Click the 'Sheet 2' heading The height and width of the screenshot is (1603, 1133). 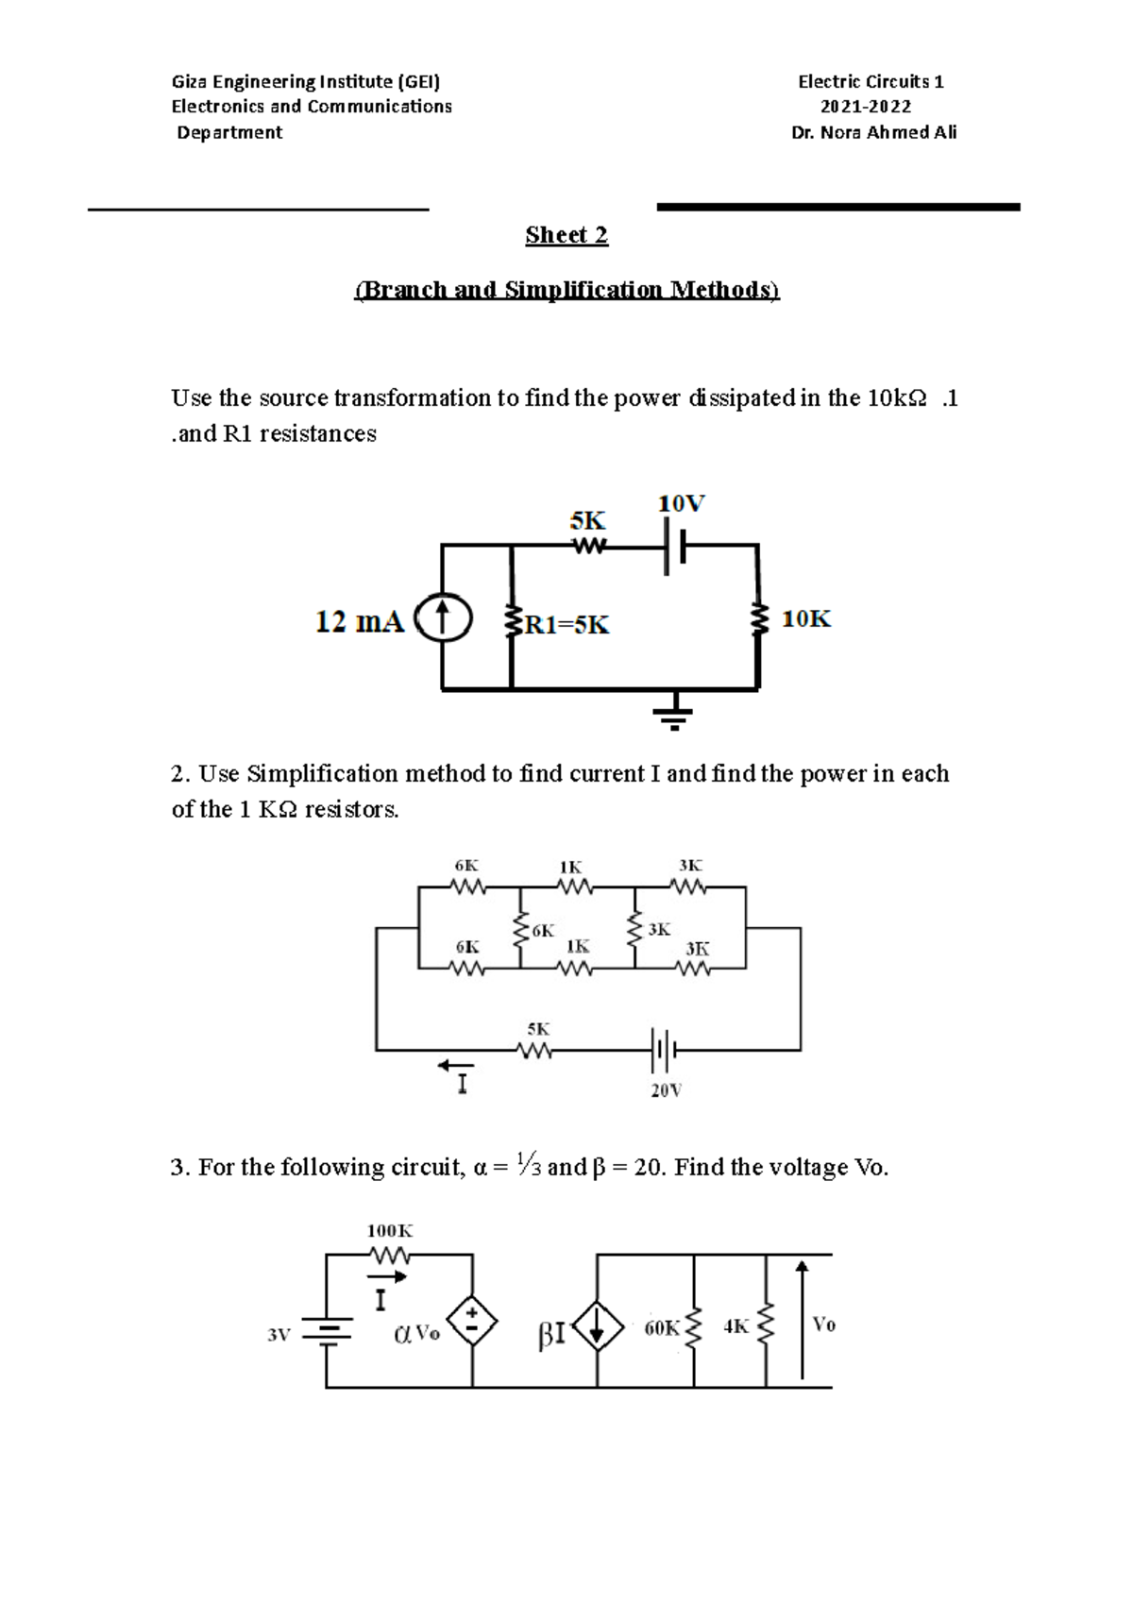[566, 235]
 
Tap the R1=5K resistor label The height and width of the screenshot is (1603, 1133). [567, 624]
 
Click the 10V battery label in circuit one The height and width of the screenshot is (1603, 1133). [681, 504]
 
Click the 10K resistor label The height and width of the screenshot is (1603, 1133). [806, 619]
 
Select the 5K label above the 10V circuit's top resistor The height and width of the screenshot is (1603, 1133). [587, 521]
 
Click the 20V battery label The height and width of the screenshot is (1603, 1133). [666, 1090]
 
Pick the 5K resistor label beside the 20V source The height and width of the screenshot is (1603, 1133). [538, 1029]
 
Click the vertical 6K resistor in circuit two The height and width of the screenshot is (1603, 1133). [519, 930]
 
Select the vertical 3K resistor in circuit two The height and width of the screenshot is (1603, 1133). [634, 930]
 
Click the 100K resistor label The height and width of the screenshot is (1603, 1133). [390, 1231]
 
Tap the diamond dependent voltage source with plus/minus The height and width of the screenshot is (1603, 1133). [472, 1320]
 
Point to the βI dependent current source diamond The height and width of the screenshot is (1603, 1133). [597, 1328]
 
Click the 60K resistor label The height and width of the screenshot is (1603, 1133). [662, 1327]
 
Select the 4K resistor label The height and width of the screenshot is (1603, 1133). [736, 1326]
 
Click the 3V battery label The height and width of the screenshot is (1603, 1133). [279, 1335]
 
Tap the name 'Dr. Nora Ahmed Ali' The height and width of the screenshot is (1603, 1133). [873, 132]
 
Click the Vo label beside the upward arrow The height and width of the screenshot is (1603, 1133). [823, 1325]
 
